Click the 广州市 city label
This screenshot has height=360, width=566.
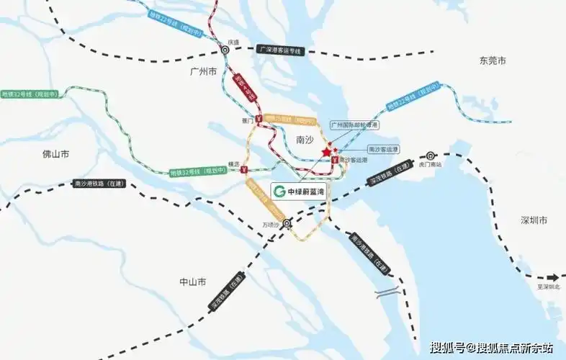(203, 72)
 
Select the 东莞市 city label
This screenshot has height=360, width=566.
(493, 60)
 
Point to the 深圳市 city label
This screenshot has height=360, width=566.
(534, 220)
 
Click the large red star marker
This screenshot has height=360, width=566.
(328, 153)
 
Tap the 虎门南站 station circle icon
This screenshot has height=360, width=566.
(431, 155)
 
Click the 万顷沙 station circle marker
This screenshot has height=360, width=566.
(287, 223)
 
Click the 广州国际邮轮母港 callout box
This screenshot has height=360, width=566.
(354, 125)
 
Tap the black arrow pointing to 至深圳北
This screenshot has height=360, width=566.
(553, 278)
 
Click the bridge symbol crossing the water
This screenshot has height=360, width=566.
(387, 292)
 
